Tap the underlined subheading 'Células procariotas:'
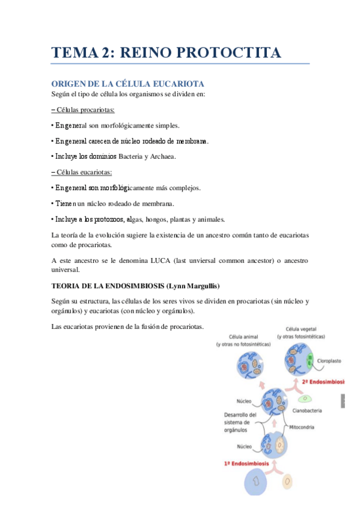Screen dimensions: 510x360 pos(84,110)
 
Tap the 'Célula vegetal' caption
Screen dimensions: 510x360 pos(301,330)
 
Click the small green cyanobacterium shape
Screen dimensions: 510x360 pos(307,398)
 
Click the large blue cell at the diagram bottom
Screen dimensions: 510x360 pos(257,482)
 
